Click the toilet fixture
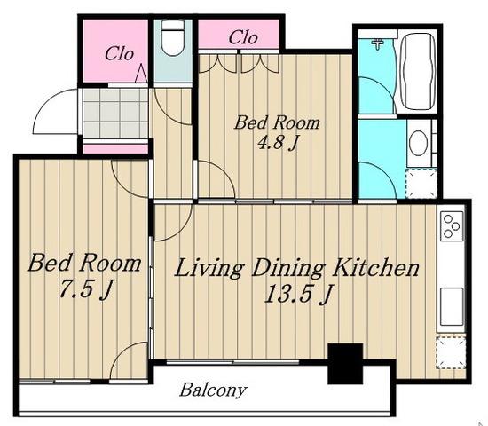pyautogui.click(x=173, y=38)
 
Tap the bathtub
pyautogui.click(x=418, y=71)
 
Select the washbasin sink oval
pyautogui.click(x=418, y=143)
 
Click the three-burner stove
pyautogui.click(x=452, y=226)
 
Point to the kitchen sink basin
pyautogui.click(x=452, y=306)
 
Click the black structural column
pyautogui.click(x=345, y=363)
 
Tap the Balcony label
pyautogui.click(x=213, y=390)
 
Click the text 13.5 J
pyautogui.click(x=298, y=294)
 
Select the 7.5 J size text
pyautogui.click(x=86, y=289)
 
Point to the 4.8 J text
pyautogui.click(x=278, y=143)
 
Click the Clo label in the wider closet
pyautogui.click(x=243, y=37)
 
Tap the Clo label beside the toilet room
pyautogui.click(x=119, y=54)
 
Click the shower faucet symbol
pyautogui.click(x=377, y=43)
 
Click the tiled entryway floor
pyautogui.click(x=115, y=114)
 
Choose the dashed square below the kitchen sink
pyautogui.click(x=451, y=352)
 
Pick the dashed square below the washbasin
pyautogui.click(x=421, y=183)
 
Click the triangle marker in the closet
pyautogui.click(x=141, y=73)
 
